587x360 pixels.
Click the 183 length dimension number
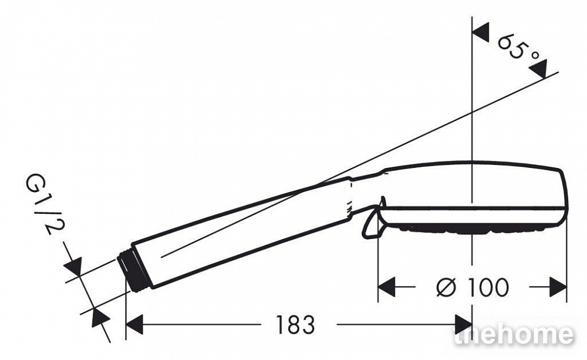pyautogui.click(x=295, y=324)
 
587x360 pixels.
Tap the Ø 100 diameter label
pyautogui.click(x=473, y=287)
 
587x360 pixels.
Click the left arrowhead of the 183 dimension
pyautogui.click(x=135, y=324)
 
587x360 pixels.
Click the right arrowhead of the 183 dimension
pyautogui.click(x=463, y=324)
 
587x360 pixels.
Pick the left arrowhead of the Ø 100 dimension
pyautogui.click(x=387, y=287)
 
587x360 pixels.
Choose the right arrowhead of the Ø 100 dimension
pyautogui.click(x=558, y=287)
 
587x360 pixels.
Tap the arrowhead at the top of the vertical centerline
pyautogui.click(x=481, y=32)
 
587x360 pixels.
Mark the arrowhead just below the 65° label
pyautogui.click(x=538, y=69)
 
